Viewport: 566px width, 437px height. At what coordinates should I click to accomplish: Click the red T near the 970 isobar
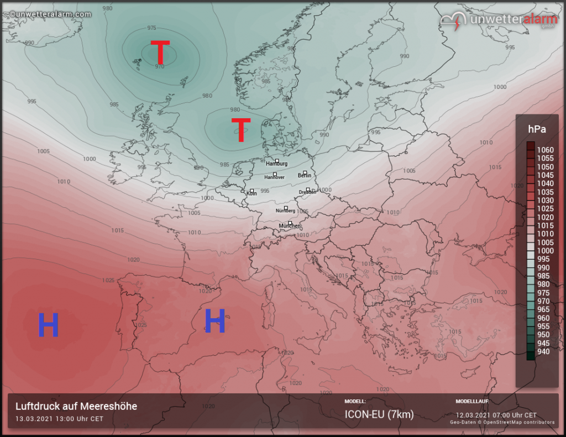(160, 52)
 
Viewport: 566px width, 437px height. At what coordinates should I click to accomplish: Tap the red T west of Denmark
(241, 130)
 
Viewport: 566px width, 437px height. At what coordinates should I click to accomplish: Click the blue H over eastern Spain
(214, 321)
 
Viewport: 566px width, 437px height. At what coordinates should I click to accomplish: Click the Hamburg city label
(277, 164)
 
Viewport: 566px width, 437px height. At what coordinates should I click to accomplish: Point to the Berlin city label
(305, 175)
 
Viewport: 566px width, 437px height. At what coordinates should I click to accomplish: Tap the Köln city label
(251, 193)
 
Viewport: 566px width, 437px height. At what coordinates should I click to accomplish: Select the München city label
(290, 226)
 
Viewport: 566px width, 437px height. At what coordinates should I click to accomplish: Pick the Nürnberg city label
(285, 211)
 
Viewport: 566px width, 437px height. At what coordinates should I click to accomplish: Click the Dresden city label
(307, 192)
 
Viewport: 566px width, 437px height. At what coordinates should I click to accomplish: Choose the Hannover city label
(275, 177)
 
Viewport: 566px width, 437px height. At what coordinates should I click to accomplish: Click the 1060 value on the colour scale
(545, 150)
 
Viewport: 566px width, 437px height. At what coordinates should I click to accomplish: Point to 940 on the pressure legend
(544, 351)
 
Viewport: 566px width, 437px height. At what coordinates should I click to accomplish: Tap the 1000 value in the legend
(545, 251)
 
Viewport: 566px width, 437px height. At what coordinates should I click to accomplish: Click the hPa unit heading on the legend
(537, 129)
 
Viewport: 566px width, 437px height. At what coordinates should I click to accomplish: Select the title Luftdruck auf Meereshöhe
(76, 407)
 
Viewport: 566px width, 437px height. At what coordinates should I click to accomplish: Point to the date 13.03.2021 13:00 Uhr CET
(59, 419)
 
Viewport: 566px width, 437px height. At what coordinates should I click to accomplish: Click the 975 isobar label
(151, 28)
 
